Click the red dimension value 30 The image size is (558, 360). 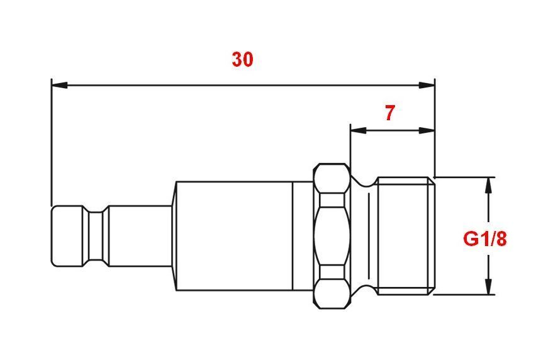click(243, 59)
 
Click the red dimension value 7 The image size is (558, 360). click(390, 113)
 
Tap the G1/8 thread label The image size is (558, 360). click(484, 239)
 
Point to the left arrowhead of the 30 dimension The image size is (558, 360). click(59, 86)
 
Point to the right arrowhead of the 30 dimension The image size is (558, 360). click(427, 86)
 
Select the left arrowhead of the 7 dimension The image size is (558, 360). click(359, 131)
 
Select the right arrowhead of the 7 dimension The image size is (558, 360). click(427, 131)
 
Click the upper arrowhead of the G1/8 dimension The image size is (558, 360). click(489, 185)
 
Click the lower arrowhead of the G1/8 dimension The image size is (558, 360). click(489, 286)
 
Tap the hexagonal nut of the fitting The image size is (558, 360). click(332, 236)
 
